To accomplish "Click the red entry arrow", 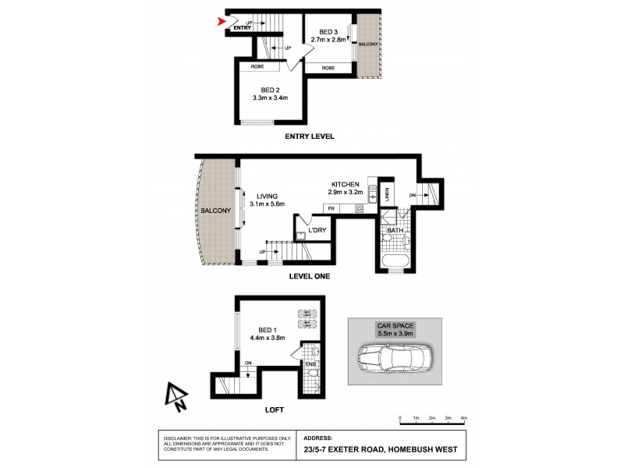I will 221,22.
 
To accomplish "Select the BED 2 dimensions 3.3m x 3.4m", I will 270,98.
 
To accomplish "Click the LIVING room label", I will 262,196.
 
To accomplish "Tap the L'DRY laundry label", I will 316,231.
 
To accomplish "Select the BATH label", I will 395,230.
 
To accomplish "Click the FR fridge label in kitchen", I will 331,208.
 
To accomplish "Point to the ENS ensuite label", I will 310,363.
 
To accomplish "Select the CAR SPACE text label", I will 392,325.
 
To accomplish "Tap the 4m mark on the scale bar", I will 464,419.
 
